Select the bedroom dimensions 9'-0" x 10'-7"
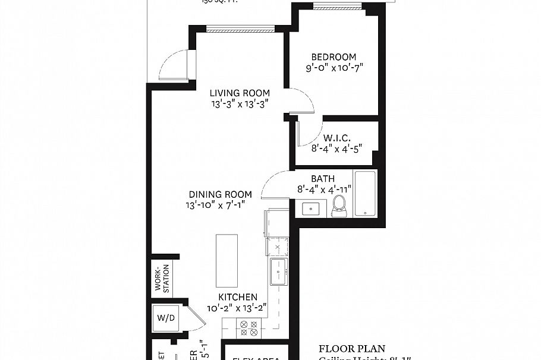pos(334,68)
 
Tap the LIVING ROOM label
pos(240,93)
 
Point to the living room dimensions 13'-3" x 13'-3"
pos(240,103)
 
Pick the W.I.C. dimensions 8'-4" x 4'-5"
pos(336,149)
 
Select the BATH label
pos(323,178)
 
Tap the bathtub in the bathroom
pos(364,194)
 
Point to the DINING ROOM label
pos(220,194)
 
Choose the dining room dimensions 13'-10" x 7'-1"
pos(216,205)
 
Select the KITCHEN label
pos(237,297)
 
